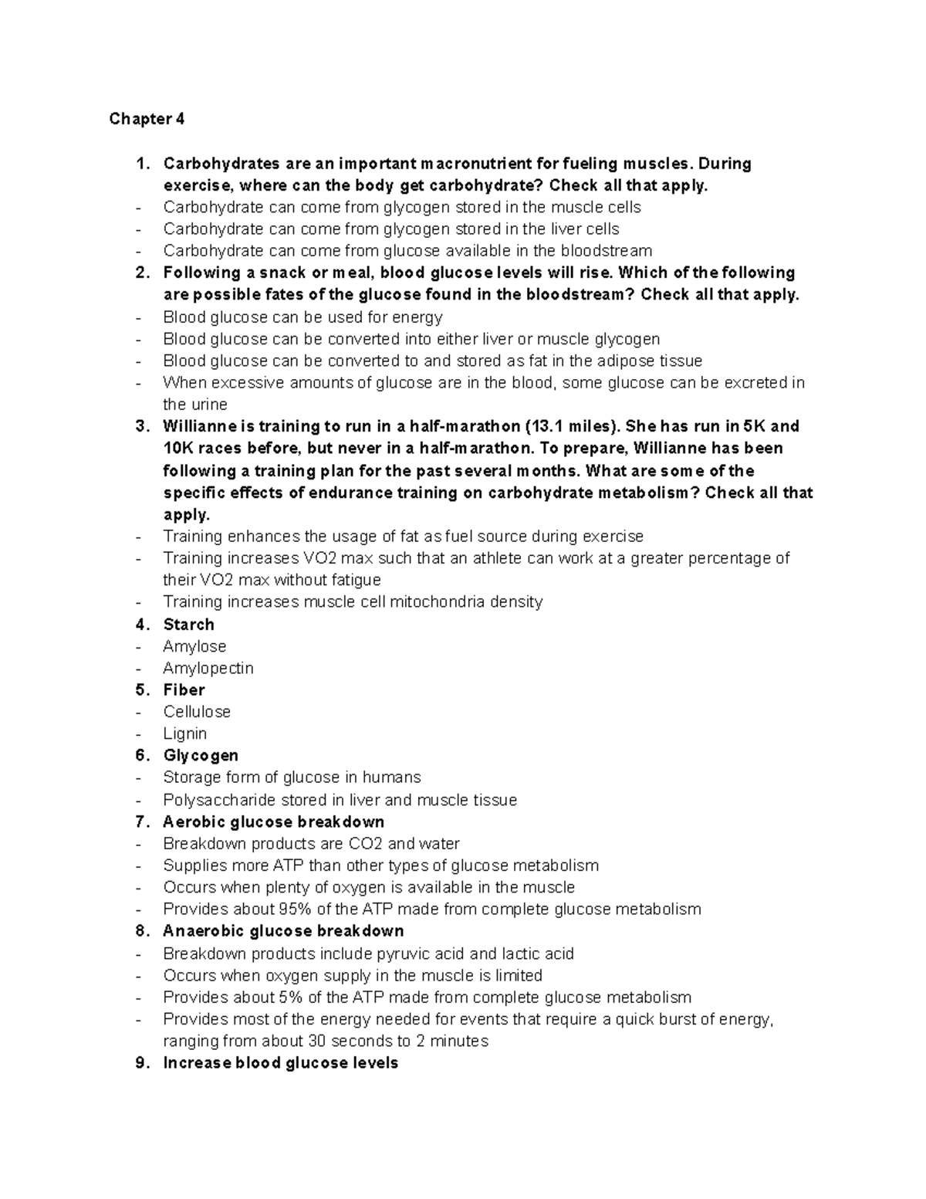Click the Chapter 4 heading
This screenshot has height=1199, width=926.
point(147,119)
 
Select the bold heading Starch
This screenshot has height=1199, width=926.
point(188,624)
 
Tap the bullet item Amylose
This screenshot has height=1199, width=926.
point(194,646)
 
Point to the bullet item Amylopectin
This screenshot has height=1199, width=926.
point(208,668)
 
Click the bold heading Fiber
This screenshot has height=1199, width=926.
point(184,689)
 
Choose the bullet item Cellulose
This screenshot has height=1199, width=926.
point(197,711)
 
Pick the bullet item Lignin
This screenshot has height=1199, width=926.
point(184,733)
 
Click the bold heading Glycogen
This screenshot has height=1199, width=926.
point(201,755)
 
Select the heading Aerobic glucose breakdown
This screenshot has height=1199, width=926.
point(273,821)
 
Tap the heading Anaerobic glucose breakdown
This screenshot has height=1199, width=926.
point(283,930)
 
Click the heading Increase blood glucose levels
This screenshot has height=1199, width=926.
point(280,1062)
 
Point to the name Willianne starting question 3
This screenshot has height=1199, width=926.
point(199,426)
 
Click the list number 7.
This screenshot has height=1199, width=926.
point(141,821)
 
